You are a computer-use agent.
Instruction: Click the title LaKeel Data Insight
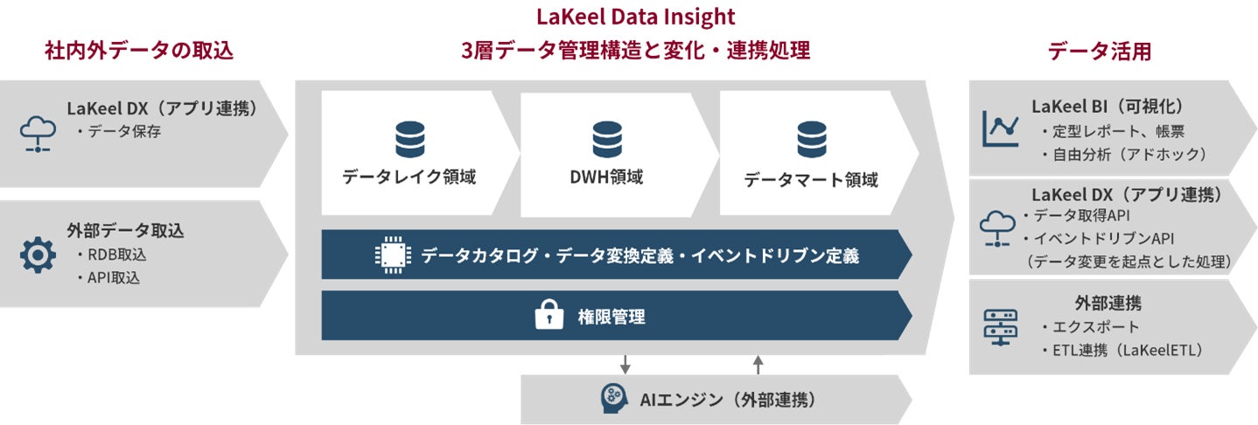click(635, 17)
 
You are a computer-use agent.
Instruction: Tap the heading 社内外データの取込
click(140, 51)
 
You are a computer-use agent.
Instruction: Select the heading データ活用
click(1099, 52)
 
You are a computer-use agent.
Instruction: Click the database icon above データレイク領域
click(409, 139)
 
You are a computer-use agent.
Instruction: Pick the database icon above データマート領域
click(811, 139)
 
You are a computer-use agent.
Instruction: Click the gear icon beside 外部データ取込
click(38, 254)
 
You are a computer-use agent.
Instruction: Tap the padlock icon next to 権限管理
click(549, 316)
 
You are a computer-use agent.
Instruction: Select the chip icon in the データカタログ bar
click(391, 255)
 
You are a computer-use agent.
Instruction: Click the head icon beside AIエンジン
click(615, 400)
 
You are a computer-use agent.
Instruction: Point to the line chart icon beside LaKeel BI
click(1001, 129)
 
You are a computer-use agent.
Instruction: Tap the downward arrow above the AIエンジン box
click(625, 364)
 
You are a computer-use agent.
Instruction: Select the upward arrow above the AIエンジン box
click(758, 364)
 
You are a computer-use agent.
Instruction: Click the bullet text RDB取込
click(115, 255)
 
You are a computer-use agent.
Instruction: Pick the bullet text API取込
click(114, 278)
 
